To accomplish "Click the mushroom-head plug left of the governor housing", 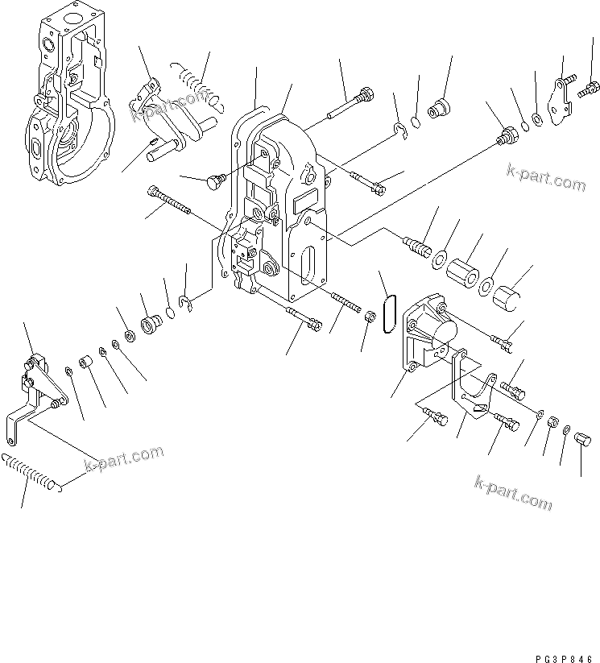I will (213, 181).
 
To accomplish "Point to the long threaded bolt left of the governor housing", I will (168, 201).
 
